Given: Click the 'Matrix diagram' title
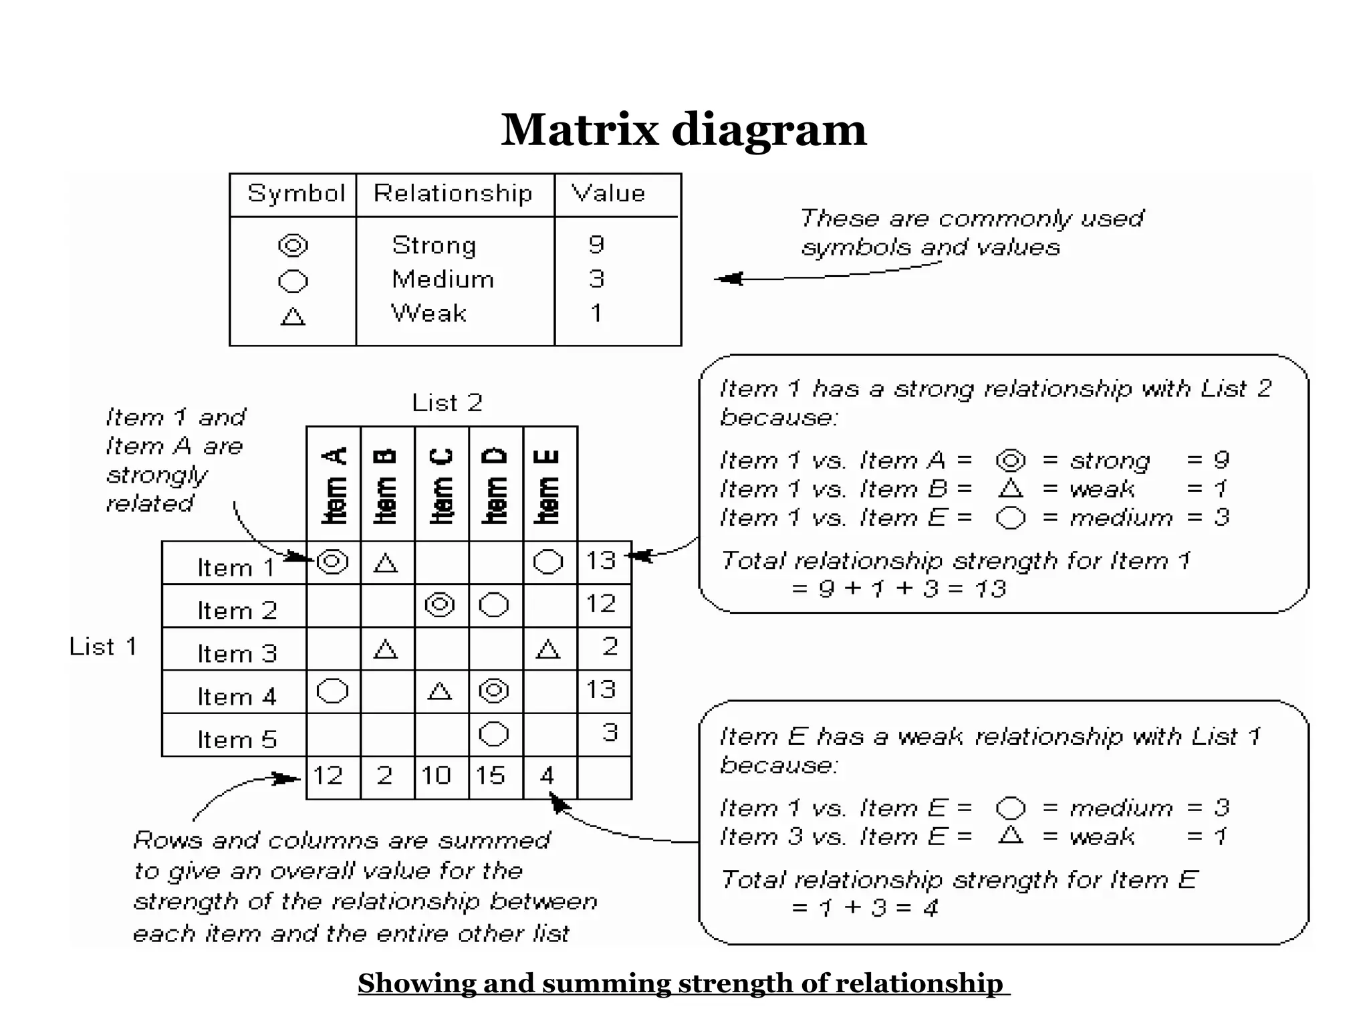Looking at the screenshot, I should [683, 130].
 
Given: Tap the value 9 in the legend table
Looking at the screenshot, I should [596, 245].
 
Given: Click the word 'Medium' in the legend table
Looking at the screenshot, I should [443, 279].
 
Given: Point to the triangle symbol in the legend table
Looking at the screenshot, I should [293, 316].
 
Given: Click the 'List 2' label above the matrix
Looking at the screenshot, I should [447, 403].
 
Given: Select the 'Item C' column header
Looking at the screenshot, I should [441, 485].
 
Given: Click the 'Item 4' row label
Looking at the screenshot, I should [236, 696].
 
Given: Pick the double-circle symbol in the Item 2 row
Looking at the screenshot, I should [440, 605].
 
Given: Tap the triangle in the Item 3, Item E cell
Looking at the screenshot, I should [548, 649].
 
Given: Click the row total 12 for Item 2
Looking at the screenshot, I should [600, 604].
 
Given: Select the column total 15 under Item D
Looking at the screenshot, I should [490, 776].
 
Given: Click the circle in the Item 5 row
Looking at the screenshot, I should [494, 733].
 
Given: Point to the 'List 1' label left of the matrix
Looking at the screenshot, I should [103, 647].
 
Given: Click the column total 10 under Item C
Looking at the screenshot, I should [436, 776].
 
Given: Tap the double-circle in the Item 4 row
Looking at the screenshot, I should [494, 691].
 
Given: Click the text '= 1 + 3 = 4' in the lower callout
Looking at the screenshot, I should [864, 907].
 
